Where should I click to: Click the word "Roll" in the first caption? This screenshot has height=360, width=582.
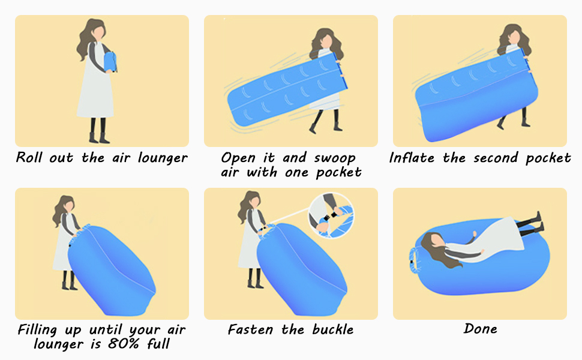pyautogui.click(x=29, y=158)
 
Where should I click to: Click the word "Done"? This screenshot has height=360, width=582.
pyautogui.click(x=480, y=329)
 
